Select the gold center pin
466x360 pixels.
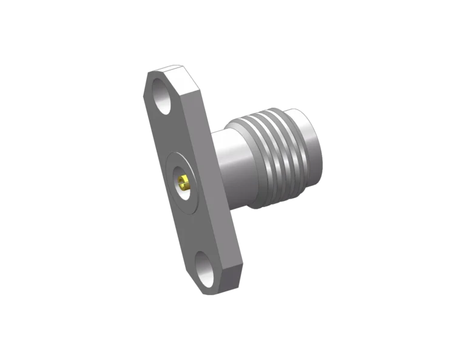click(183, 180)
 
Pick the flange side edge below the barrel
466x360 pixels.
click(237, 243)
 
